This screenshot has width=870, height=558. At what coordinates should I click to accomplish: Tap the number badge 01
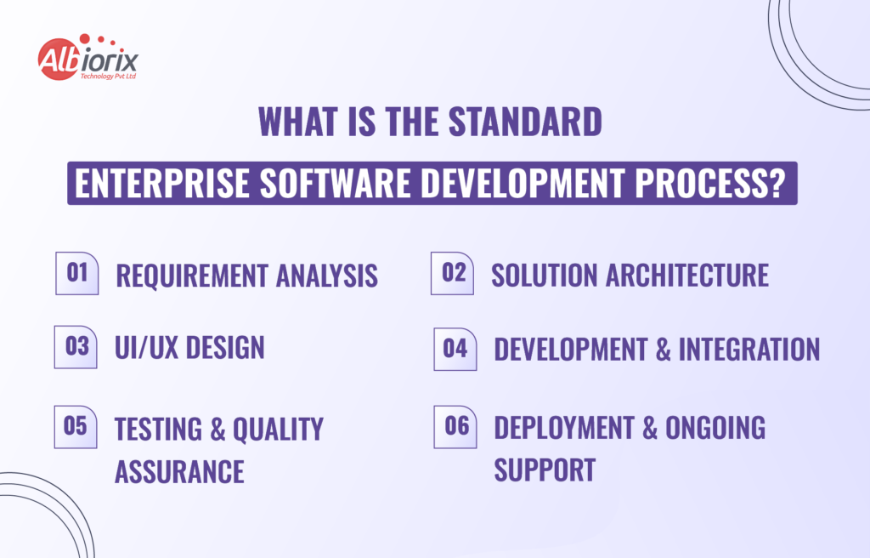point(77,274)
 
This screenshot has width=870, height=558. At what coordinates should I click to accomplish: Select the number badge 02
point(453,273)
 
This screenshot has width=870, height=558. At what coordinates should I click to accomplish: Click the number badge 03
point(76,346)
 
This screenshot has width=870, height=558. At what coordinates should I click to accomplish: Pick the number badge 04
point(455,349)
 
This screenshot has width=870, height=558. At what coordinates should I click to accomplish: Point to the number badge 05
point(76,426)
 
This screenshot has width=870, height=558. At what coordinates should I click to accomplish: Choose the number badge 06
point(456,426)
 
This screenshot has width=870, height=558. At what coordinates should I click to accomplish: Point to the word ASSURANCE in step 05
point(179,470)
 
